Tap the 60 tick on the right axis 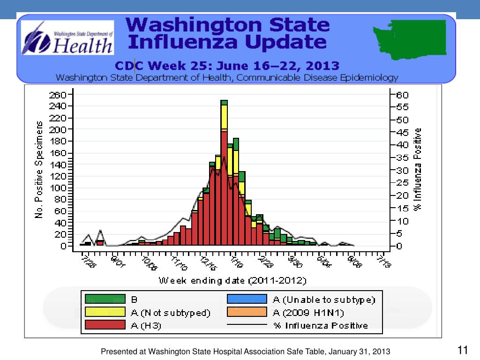pos(402,94)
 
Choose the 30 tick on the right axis pos(402,170)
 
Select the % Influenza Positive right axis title pos(418,169)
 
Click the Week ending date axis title pos(233,281)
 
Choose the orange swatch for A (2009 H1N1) pos(247,312)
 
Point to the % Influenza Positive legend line pos(247,325)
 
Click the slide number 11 pos(463,350)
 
